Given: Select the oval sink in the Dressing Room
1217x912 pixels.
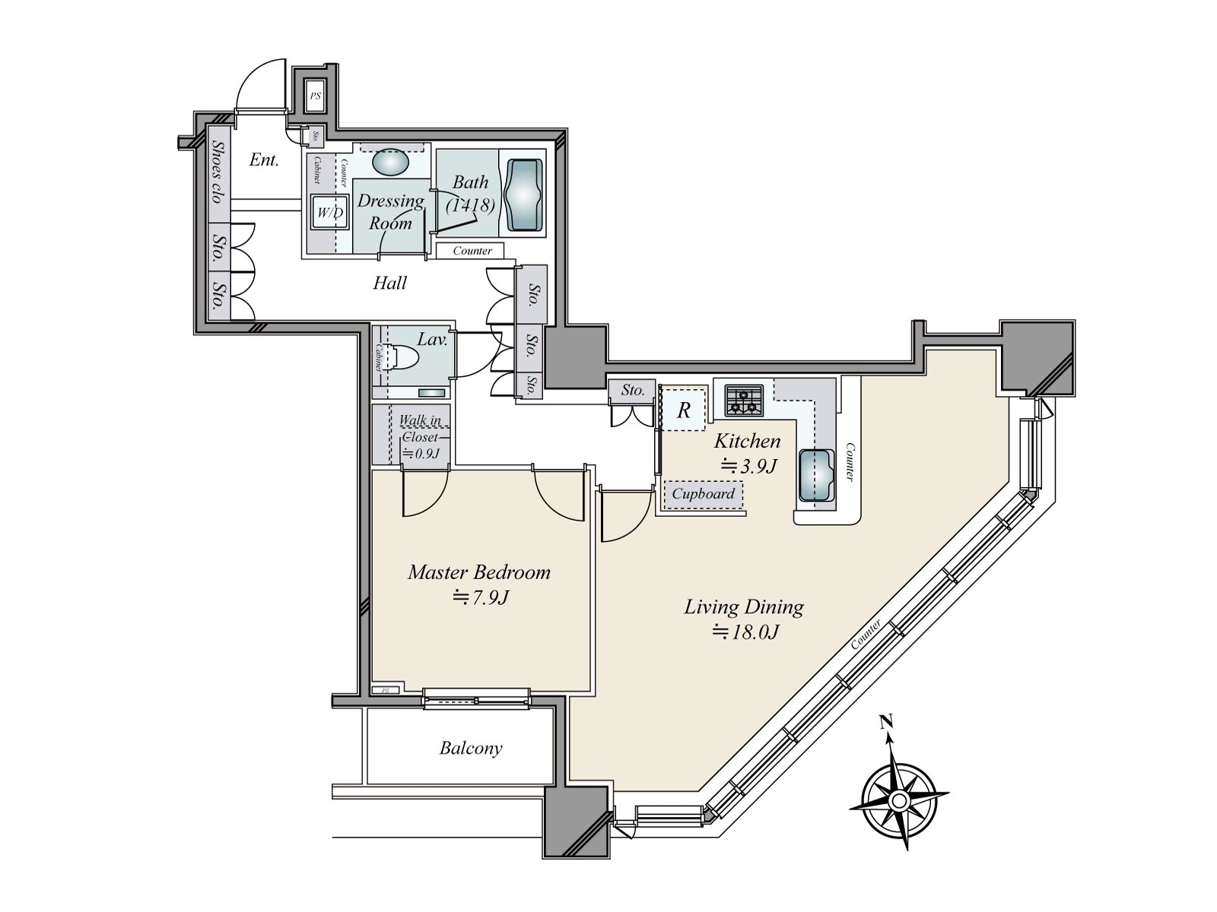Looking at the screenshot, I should [391, 162].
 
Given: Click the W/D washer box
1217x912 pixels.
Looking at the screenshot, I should [330, 212].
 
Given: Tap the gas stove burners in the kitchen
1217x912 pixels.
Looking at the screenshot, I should [743, 401].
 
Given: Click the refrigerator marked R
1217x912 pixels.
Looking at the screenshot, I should [684, 410].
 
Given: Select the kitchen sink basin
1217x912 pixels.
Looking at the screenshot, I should [817, 476].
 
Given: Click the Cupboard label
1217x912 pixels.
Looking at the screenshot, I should [703, 494].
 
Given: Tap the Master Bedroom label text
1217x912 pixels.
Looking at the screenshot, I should [478, 572].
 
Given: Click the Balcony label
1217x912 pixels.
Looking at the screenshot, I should [471, 749].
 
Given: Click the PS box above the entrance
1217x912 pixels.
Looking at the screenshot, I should [315, 97].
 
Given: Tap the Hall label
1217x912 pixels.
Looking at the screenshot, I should [389, 283].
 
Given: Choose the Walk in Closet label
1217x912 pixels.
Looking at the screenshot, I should [420, 429].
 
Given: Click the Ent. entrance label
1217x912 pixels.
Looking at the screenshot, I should [264, 160].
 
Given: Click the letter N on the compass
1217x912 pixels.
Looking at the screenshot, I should [885, 721].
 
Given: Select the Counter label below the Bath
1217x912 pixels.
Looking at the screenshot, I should [472, 251].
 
